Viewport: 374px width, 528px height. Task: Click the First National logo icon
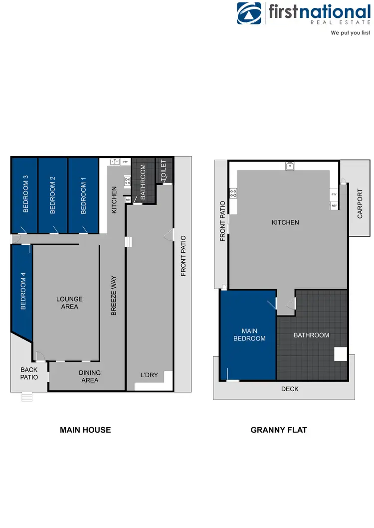click(x=249, y=14)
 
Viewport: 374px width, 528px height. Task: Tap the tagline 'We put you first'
click(x=351, y=33)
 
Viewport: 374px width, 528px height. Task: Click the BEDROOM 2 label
click(x=52, y=195)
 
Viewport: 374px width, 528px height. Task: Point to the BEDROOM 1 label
click(x=83, y=198)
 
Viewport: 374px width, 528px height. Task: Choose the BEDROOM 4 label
click(x=23, y=291)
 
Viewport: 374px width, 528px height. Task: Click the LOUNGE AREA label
click(x=69, y=303)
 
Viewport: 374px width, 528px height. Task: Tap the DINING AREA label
click(x=90, y=376)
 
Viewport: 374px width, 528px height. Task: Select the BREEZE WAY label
click(x=114, y=296)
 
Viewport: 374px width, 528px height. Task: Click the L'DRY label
click(x=148, y=375)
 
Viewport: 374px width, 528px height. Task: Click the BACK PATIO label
click(x=29, y=373)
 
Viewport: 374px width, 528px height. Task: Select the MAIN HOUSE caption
click(x=85, y=429)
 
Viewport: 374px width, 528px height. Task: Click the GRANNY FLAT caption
click(x=279, y=429)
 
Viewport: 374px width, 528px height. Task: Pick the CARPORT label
click(x=360, y=204)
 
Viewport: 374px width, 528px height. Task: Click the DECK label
click(x=290, y=389)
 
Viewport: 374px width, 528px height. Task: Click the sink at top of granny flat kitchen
click(x=290, y=166)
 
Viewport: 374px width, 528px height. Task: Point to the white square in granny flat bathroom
click(x=340, y=354)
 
